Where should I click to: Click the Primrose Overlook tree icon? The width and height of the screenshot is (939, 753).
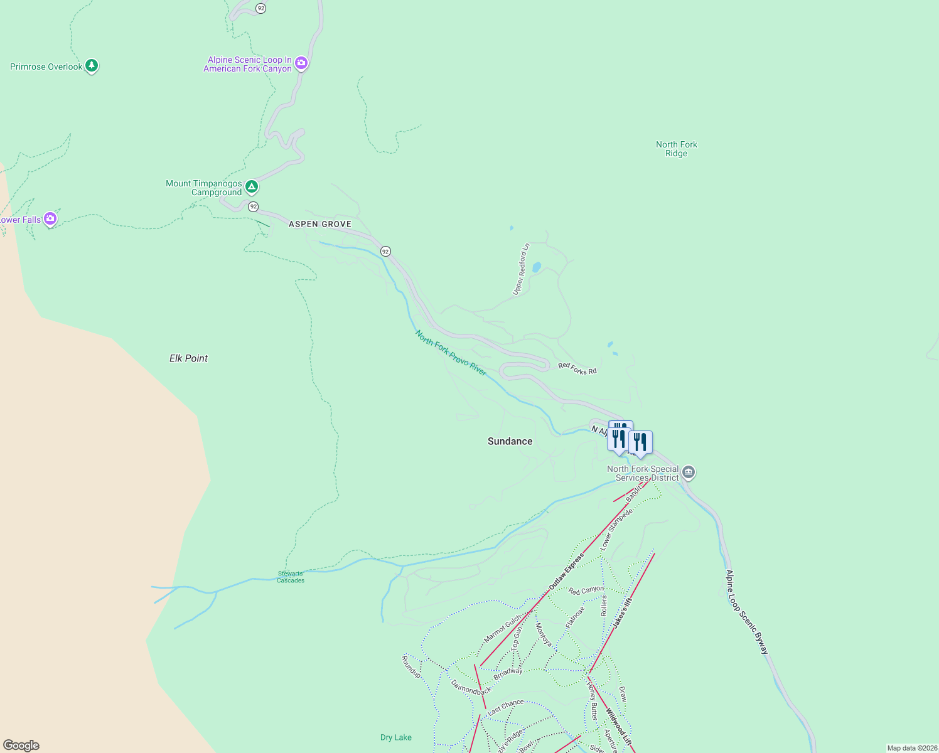coord(92,65)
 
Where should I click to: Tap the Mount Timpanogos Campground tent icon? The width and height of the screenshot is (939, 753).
coord(252,186)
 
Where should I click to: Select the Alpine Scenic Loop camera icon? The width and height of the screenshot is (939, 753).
coord(301,63)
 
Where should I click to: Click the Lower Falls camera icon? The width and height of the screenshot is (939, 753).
coord(50,218)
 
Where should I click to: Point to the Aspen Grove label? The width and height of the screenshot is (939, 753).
coord(320,224)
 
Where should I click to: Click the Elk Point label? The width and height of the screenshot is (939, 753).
coord(188,358)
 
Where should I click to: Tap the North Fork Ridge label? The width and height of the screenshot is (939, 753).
coord(676,149)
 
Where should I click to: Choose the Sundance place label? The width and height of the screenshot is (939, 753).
coord(510,441)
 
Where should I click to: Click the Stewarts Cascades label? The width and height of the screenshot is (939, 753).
coord(291,577)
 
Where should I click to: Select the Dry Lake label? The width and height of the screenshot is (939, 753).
coord(396,737)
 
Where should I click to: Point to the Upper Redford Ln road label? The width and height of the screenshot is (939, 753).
coord(521,269)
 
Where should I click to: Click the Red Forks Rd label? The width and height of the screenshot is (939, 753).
coord(577,368)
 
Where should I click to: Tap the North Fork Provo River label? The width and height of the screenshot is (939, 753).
coord(451,353)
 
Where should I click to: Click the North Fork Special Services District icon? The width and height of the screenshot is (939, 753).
coord(689,472)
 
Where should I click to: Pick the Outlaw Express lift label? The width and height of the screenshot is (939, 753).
coord(566,571)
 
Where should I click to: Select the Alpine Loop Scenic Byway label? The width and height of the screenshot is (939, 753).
coord(747,612)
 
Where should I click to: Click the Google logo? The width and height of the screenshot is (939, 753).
coord(21,745)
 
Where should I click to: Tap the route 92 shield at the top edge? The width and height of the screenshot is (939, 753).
coord(260,8)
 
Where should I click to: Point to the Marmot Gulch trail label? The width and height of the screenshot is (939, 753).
coord(503,628)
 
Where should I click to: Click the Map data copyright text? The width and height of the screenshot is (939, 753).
coord(912,748)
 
